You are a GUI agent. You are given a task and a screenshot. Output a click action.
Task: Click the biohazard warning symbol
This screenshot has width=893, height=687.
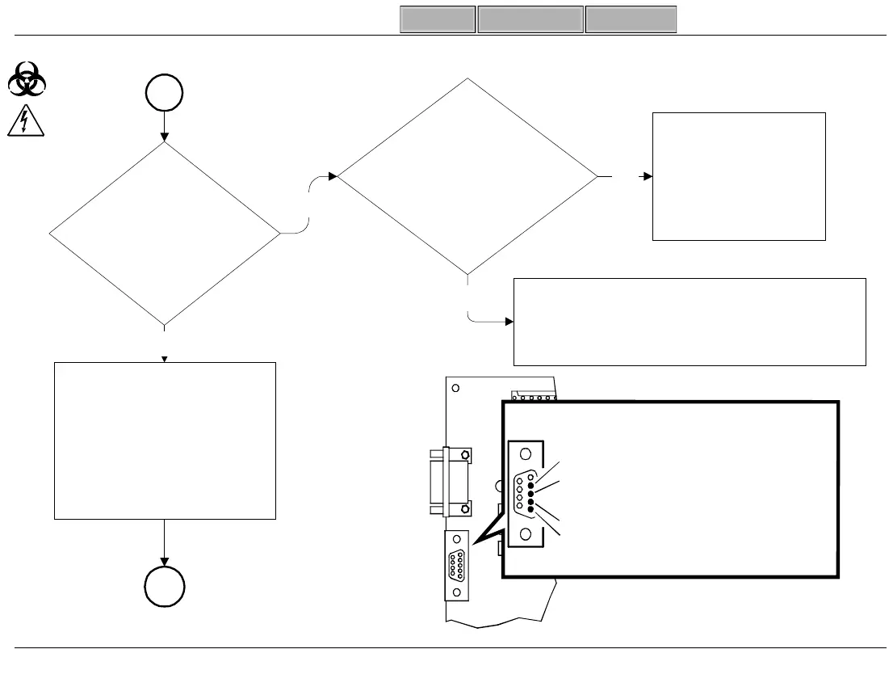[x=27, y=80]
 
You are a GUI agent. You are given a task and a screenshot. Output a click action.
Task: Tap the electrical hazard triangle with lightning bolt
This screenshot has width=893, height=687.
[x=27, y=121]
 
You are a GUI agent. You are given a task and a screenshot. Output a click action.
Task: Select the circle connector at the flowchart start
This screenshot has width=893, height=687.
[x=165, y=94]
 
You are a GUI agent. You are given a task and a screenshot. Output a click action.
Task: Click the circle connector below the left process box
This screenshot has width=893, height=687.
[x=165, y=586]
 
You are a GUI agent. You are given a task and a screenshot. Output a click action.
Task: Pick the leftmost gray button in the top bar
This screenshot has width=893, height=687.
[x=438, y=19]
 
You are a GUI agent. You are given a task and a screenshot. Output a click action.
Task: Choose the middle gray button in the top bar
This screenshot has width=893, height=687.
[x=530, y=19]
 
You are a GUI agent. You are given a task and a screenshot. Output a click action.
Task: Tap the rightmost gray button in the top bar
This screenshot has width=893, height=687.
[x=631, y=19]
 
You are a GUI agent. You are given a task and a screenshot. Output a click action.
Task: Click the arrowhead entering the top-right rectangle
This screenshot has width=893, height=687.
[x=647, y=175]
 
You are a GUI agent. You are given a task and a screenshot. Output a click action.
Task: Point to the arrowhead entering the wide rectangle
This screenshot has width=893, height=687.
[x=508, y=322]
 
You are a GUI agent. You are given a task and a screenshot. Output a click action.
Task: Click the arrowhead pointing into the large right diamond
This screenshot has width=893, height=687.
[x=333, y=175]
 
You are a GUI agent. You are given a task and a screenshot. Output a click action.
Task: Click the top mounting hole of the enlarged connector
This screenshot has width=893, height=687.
[x=526, y=454]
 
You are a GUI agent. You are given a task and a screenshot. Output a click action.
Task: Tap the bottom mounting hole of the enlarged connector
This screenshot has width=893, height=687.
[x=526, y=533]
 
